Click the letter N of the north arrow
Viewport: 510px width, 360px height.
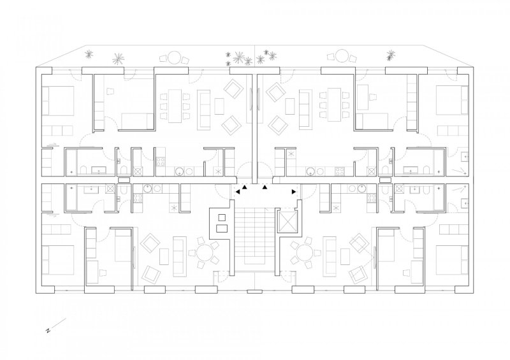point(48,331)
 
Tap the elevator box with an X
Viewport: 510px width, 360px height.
point(287,222)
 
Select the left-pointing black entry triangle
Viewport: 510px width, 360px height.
point(238,192)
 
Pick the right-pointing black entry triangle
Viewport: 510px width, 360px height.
point(294,192)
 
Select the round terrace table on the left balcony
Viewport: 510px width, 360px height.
point(174,57)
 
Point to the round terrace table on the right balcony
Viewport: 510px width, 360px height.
point(342,56)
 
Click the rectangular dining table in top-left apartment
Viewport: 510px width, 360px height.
point(174,105)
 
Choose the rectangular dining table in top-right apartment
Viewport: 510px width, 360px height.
point(334,104)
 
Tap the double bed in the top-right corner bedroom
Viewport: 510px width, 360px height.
point(452,100)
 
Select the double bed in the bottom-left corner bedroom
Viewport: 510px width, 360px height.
point(57,260)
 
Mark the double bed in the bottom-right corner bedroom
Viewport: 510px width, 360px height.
point(452,260)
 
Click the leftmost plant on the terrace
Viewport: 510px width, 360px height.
point(89,54)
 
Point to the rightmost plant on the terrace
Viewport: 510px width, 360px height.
point(391,55)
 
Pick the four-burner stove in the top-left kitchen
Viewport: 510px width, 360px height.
point(160,162)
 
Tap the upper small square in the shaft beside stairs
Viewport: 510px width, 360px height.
point(222,217)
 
